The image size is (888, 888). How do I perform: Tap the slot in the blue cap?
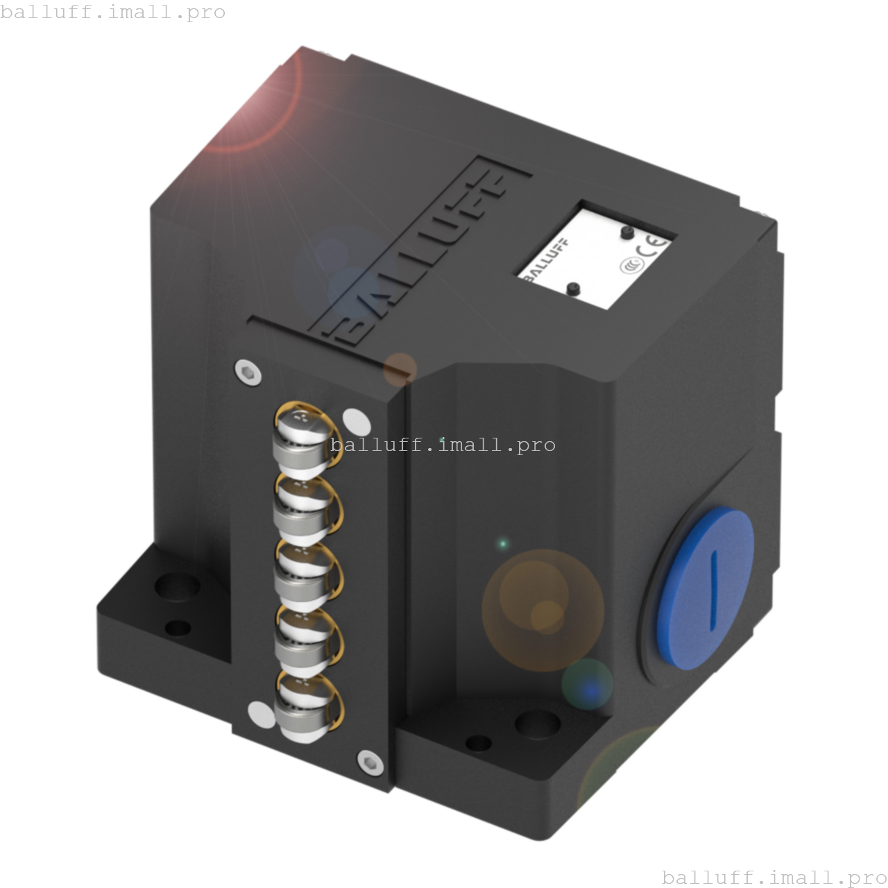point(712,589)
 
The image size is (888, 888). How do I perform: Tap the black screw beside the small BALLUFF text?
point(574,288)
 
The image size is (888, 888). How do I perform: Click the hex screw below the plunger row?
point(368,761)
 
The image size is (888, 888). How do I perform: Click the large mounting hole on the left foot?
point(176,587)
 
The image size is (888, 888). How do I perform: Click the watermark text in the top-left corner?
point(113,12)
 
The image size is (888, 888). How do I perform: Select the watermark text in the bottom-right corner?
point(774,877)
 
